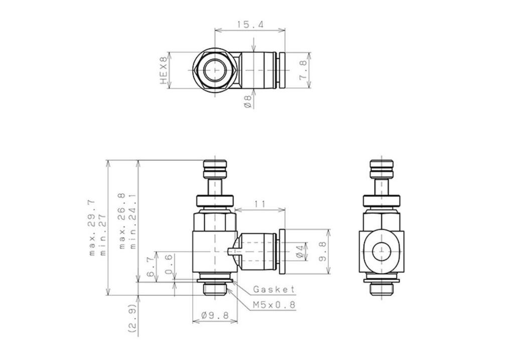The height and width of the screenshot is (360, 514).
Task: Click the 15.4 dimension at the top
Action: coord(250,24)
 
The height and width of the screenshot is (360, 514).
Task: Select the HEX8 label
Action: coord(163,70)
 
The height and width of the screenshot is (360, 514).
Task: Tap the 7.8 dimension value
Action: coord(303,70)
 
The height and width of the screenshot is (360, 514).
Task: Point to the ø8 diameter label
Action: coord(248,101)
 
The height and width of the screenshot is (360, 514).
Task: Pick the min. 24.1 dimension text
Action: coord(133,221)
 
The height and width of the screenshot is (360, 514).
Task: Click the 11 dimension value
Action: coord(260,204)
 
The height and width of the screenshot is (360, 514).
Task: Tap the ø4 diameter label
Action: coord(300,251)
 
